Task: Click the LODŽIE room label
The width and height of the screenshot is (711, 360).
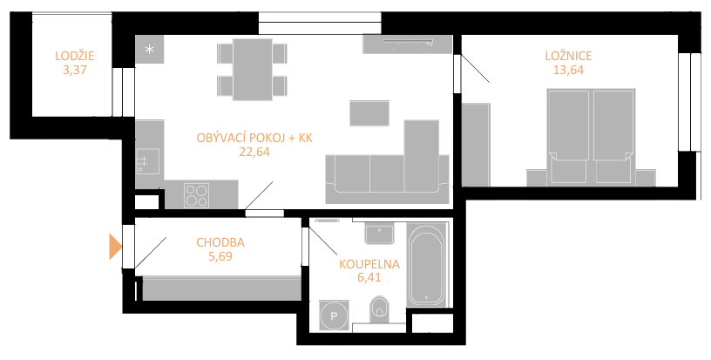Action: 75,56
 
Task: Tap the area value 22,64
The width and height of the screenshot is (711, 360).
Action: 254,152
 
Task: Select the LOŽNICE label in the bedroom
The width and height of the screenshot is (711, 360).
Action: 568,56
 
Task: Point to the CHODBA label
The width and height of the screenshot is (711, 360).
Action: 220,242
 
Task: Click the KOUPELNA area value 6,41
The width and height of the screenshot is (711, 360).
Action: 369,277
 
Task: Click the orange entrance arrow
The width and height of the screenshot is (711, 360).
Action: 115,247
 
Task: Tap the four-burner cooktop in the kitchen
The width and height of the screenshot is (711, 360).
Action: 196,195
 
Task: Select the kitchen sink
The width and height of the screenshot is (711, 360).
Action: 148,161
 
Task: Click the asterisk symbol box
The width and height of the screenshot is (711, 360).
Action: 149,50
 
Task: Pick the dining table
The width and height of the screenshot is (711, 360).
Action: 252,70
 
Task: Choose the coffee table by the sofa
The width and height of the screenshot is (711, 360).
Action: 369,113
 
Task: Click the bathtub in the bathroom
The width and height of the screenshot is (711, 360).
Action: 426,264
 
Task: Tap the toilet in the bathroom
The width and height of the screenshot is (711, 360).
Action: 379,309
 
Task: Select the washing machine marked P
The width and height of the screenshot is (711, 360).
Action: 335,316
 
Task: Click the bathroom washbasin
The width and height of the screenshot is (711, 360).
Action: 379,234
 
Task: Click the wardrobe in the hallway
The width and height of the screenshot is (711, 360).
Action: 221,289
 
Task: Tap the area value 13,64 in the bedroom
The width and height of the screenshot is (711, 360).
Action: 568,70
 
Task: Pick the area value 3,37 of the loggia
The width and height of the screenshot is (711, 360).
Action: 75,70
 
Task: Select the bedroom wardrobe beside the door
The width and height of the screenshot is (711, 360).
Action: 476,144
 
